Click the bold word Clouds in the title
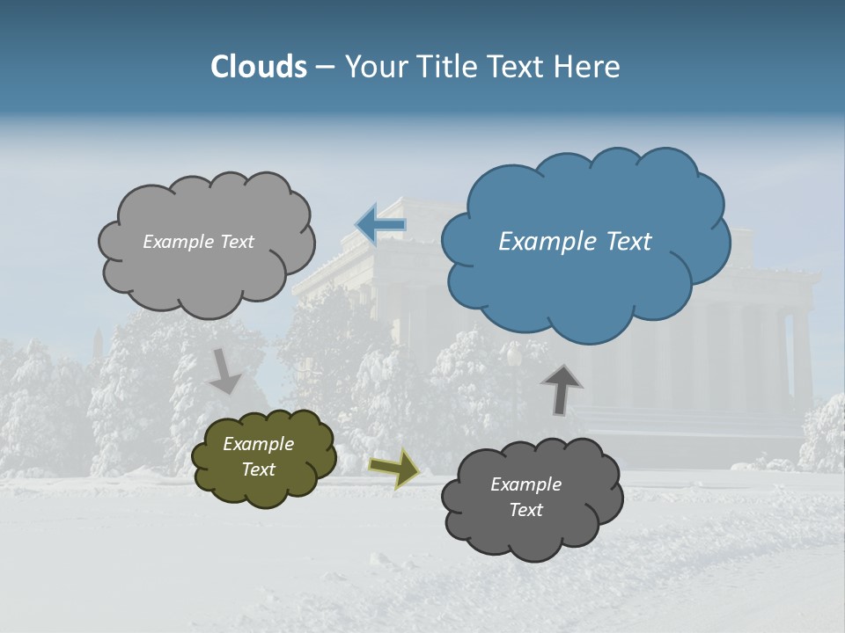[x=259, y=67]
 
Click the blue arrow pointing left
[x=380, y=225]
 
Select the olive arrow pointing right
[x=394, y=468]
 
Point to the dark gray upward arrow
[x=561, y=389]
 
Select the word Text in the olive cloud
[x=258, y=470]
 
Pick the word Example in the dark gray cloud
[x=525, y=484]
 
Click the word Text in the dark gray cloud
[x=525, y=510]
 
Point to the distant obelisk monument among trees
[x=99, y=343]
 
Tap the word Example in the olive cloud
[x=258, y=445]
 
